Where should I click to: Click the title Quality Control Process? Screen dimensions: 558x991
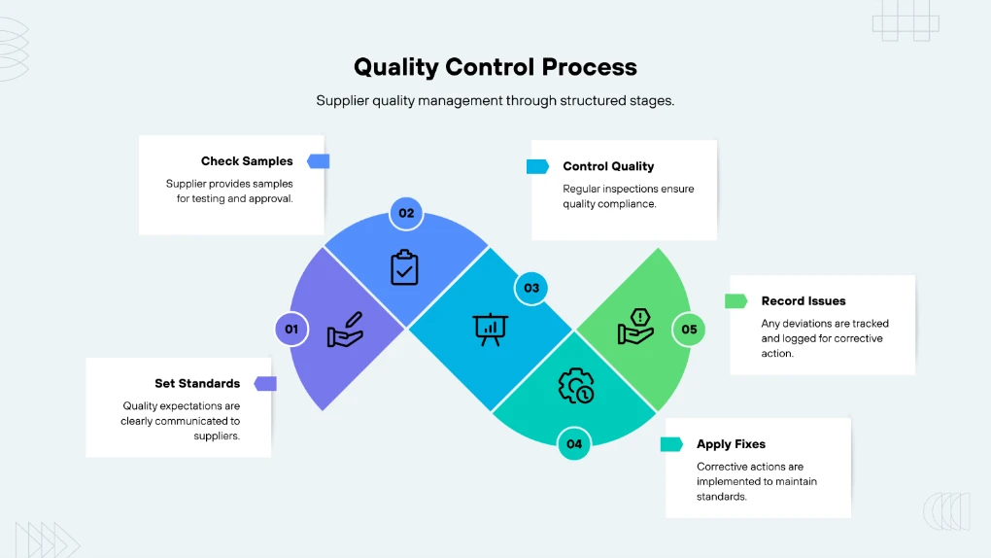(495, 67)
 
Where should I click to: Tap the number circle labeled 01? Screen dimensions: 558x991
(291, 330)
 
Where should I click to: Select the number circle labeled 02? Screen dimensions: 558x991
(406, 214)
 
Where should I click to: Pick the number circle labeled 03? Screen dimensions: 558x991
(531, 288)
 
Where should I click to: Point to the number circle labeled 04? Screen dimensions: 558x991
(574, 444)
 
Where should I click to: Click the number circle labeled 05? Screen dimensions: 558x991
(689, 330)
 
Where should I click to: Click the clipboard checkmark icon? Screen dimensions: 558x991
(404, 267)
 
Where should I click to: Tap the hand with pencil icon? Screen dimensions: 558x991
(346, 330)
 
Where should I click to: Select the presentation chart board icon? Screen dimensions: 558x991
(491, 329)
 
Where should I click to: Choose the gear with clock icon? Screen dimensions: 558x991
(574, 386)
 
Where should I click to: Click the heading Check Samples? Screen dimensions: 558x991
(247, 161)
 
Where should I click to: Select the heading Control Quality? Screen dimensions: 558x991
(608, 166)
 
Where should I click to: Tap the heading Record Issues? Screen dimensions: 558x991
(803, 301)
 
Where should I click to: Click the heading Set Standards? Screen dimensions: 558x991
(197, 384)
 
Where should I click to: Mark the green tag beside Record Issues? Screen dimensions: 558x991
(736, 301)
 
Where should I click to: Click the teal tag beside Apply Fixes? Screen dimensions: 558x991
(671, 444)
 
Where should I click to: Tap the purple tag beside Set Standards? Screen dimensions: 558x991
(265, 384)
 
